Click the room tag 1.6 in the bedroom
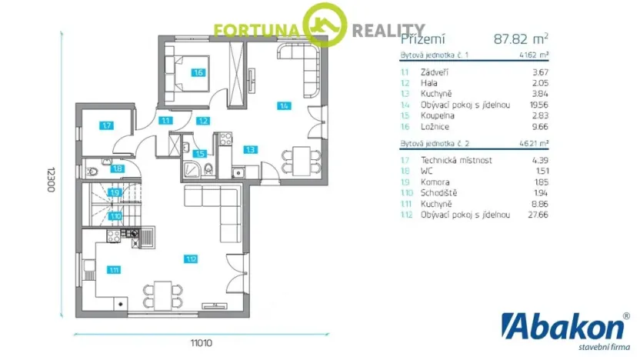click(198, 73)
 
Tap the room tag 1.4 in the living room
click(284, 105)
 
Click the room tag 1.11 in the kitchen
click(114, 269)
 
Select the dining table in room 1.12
click(162, 292)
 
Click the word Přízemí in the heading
click(422, 38)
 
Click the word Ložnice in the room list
click(435, 126)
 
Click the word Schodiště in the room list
click(440, 193)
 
